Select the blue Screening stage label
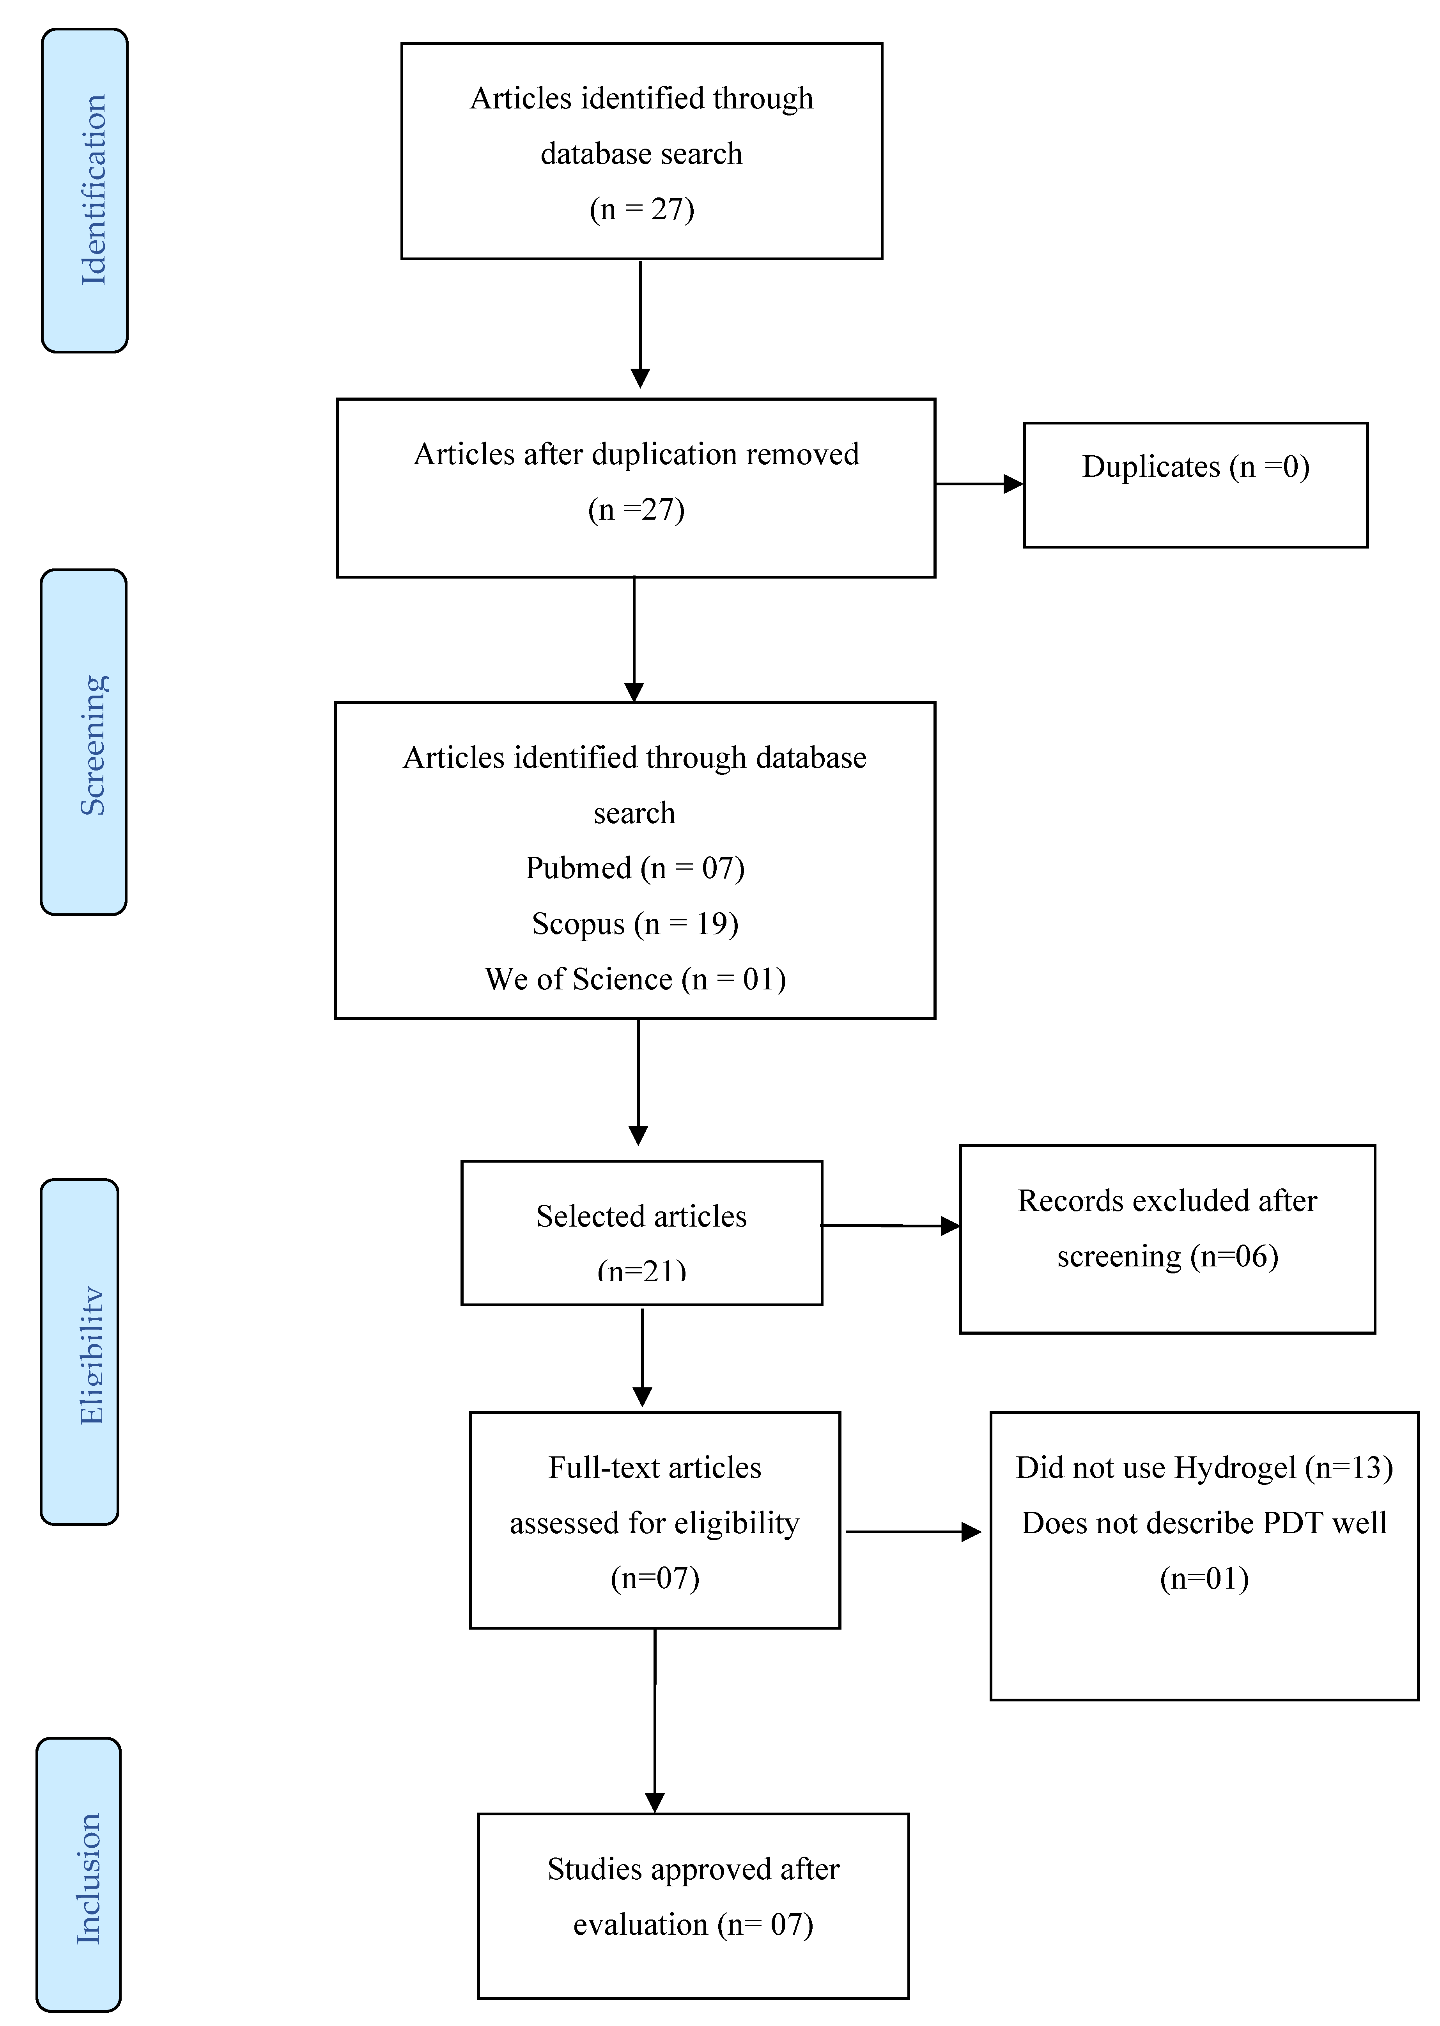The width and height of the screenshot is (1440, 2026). [84, 742]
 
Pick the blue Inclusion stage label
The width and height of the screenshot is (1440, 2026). [79, 1874]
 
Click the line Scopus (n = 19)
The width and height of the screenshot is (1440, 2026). [635, 923]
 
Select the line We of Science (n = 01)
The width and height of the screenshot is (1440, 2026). [635, 979]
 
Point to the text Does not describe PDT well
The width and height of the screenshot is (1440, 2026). [1204, 1523]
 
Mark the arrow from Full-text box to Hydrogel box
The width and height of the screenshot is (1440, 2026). [913, 1532]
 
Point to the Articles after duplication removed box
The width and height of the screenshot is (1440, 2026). [636, 488]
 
